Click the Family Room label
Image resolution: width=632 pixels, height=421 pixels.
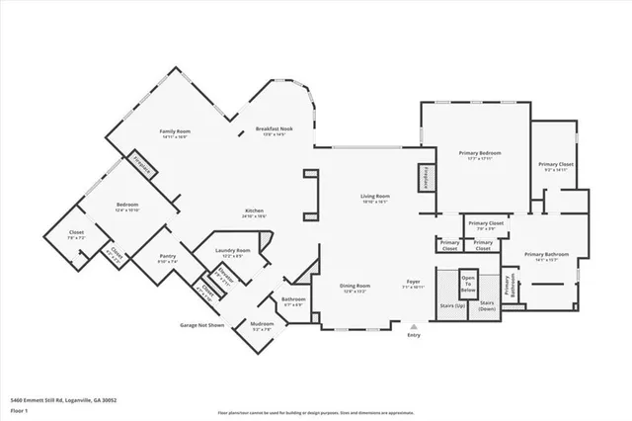coord(175,131)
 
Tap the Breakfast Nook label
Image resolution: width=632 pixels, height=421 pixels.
coord(275,129)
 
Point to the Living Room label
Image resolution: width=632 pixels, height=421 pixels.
coord(374,197)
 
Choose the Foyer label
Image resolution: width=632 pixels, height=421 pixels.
coord(414,282)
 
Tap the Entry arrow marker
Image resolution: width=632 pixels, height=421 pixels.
coord(413,327)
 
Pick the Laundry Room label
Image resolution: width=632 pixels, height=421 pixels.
coord(233,251)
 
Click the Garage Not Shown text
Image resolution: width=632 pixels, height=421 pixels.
coord(201,324)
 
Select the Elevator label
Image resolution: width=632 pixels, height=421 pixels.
coord(227,275)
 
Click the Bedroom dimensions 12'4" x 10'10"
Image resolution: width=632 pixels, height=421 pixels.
coord(126,210)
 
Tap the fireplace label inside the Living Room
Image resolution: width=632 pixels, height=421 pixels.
coord(426,177)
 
